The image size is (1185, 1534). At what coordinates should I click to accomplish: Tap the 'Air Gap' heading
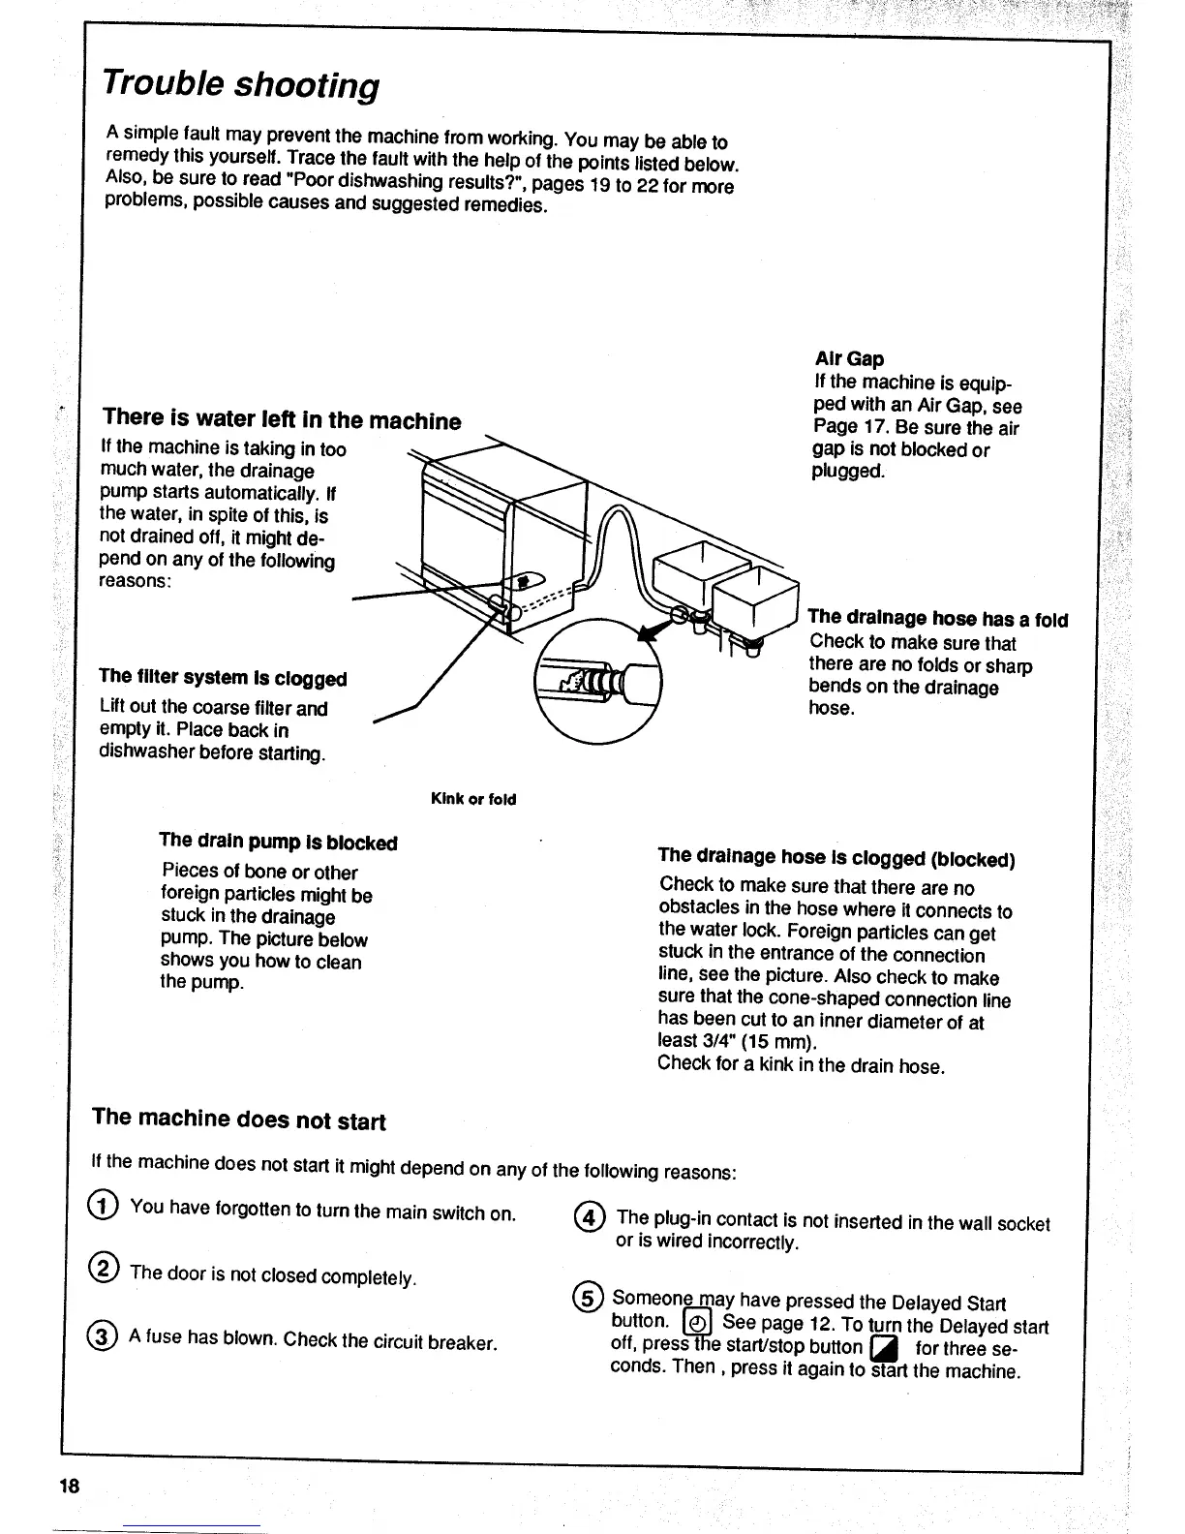point(849,359)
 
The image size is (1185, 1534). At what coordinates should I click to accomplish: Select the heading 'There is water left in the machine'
point(282,419)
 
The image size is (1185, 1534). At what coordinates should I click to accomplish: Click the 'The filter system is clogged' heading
point(223,678)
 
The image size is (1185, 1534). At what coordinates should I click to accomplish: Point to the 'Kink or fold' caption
point(473,799)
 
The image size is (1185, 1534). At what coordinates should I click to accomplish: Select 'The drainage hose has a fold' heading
point(937,619)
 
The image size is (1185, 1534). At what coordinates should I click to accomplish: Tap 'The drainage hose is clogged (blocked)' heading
point(836,858)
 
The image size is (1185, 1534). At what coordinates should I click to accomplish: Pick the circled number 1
point(104,1206)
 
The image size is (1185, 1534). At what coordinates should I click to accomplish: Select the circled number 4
point(590,1217)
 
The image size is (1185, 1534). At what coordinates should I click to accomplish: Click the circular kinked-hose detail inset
point(598,681)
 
